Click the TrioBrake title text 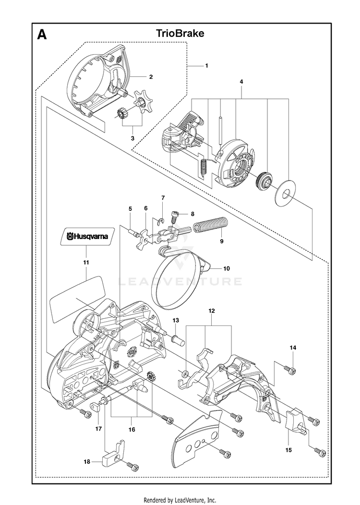pos(180,33)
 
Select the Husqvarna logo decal pos(87,236)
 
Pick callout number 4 pos(241,82)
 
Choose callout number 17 pos(98,428)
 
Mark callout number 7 pos(163,197)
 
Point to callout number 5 pos(130,208)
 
